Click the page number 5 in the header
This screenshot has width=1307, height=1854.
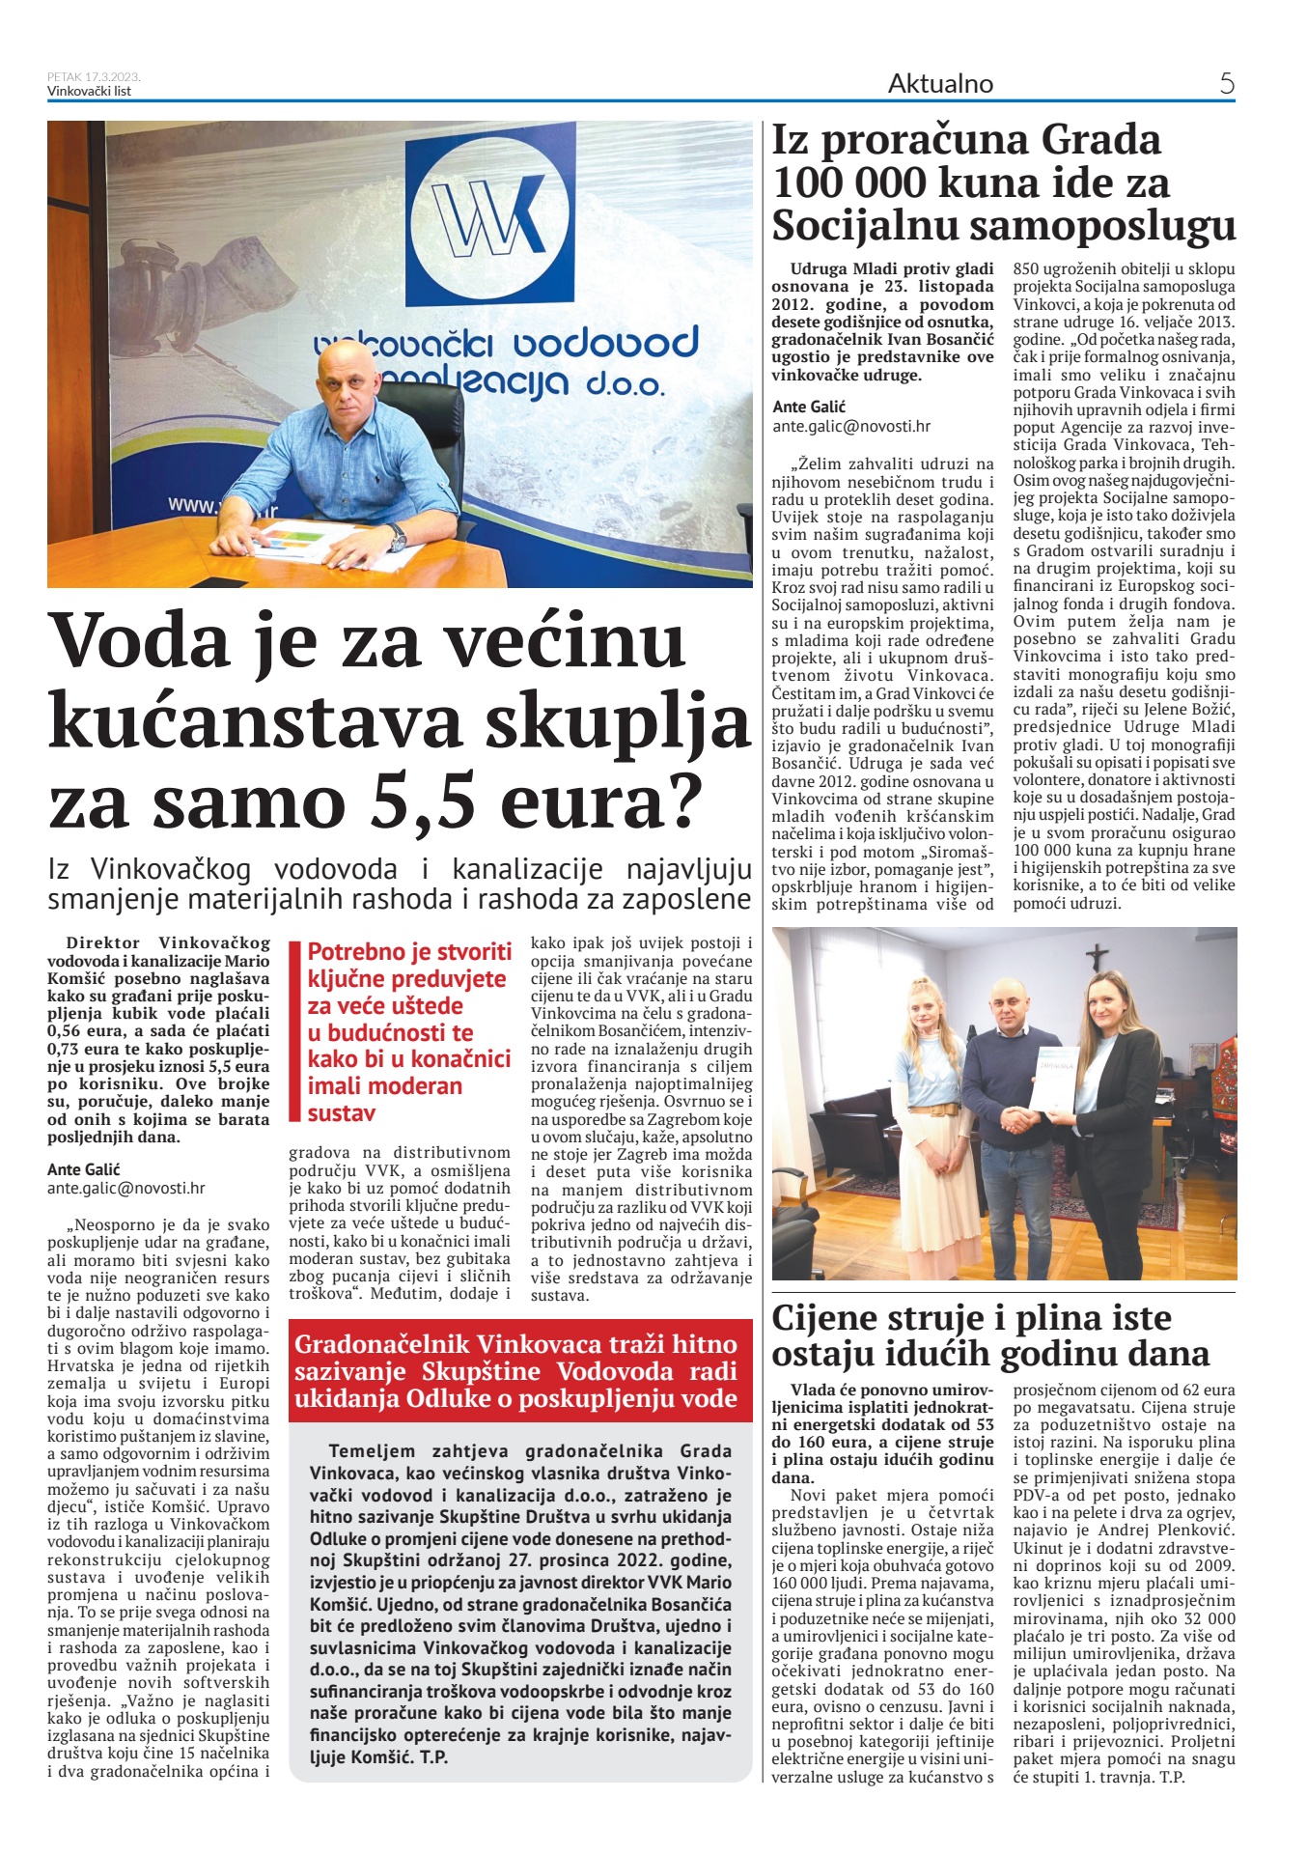pyautogui.click(x=1226, y=84)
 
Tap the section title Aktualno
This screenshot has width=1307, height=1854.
pyautogui.click(x=940, y=84)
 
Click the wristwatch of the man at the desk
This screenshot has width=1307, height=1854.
pyautogui.click(x=397, y=537)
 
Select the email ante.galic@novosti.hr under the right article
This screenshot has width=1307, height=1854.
pyautogui.click(x=850, y=426)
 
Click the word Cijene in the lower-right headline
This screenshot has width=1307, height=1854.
pyautogui.click(x=826, y=1318)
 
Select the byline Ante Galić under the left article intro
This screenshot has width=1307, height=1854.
pyautogui.click(x=84, y=1170)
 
